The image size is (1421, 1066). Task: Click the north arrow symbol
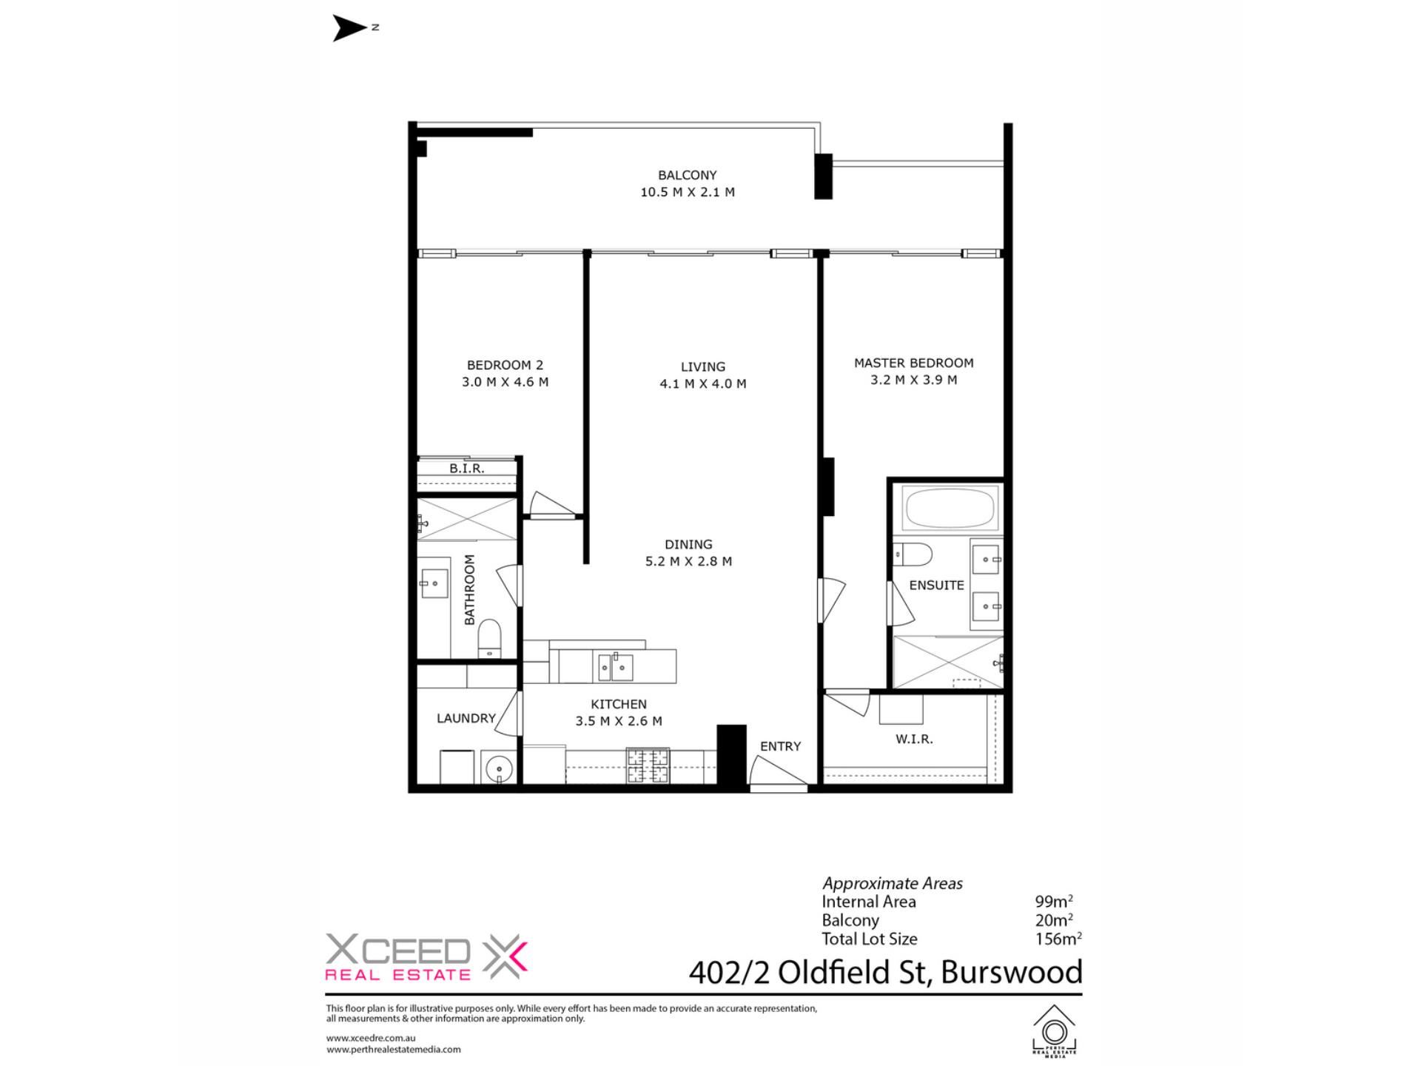pyautogui.click(x=349, y=28)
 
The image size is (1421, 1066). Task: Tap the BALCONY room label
pyautogui.click(x=688, y=175)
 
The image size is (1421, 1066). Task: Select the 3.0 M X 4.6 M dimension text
pyautogui.click(x=505, y=382)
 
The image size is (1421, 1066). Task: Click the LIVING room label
pyautogui.click(x=703, y=366)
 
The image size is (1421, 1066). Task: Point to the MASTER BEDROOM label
pyautogui.click(x=914, y=363)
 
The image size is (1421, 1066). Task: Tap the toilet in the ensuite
pyautogui.click(x=913, y=554)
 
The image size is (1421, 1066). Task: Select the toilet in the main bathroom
pyautogui.click(x=489, y=638)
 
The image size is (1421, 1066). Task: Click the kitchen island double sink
pyautogui.click(x=616, y=667)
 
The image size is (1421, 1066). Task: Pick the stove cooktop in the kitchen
pyautogui.click(x=648, y=766)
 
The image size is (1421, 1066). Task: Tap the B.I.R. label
pyautogui.click(x=467, y=469)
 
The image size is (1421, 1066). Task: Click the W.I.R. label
pyautogui.click(x=914, y=739)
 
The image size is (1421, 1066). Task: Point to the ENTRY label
pyautogui.click(x=781, y=746)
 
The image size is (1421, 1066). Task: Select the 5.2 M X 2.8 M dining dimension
pyautogui.click(x=689, y=561)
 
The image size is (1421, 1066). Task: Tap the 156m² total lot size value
pyautogui.click(x=1058, y=939)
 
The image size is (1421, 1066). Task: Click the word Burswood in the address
pyautogui.click(x=1012, y=972)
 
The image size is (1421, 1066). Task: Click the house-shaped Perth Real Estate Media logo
pyautogui.click(x=1055, y=1030)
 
